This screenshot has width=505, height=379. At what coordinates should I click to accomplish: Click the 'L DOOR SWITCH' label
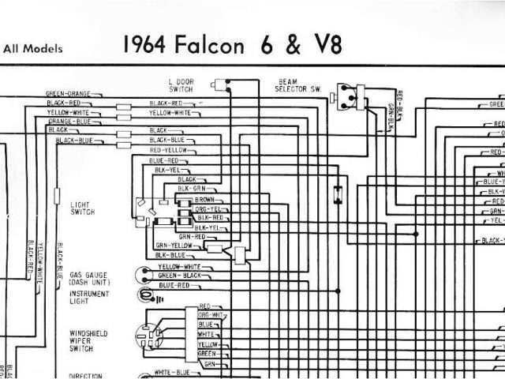tap(181, 86)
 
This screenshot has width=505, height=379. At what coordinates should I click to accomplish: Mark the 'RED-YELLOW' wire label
tap(168, 149)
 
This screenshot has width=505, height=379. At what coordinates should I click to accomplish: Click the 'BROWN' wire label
tap(214, 200)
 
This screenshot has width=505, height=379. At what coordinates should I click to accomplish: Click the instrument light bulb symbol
tap(144, 295)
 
